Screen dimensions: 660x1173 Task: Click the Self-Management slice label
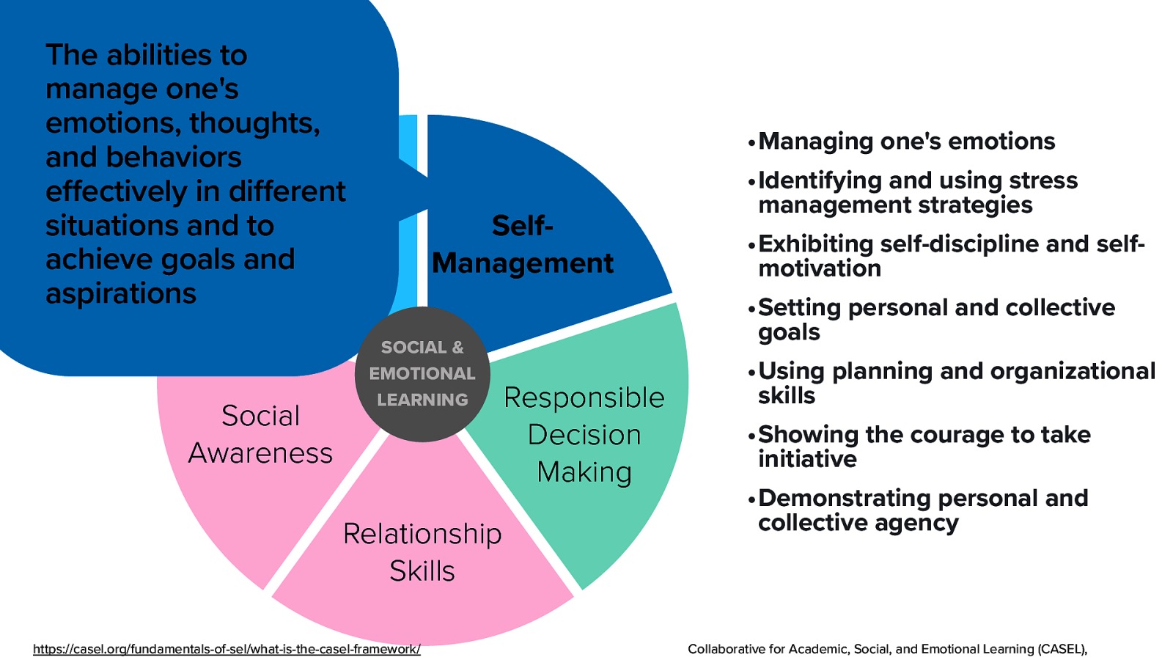[522, 245]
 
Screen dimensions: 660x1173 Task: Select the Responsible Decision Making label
[584, 434]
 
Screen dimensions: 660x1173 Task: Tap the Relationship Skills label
[422, 551]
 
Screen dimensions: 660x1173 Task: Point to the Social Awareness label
[260, 434]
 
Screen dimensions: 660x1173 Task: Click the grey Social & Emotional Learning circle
[422, 374]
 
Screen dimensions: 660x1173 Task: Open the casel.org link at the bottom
[227, 649]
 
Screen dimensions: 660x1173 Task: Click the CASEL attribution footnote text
[887, 649]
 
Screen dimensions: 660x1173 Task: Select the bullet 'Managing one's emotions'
[906, 141]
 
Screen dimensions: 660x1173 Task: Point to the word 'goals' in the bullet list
[789, 332]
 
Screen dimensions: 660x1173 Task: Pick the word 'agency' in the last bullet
[922, 523]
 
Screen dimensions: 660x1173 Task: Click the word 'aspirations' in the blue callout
[121, 293]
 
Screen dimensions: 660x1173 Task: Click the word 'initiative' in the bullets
[807, 459]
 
